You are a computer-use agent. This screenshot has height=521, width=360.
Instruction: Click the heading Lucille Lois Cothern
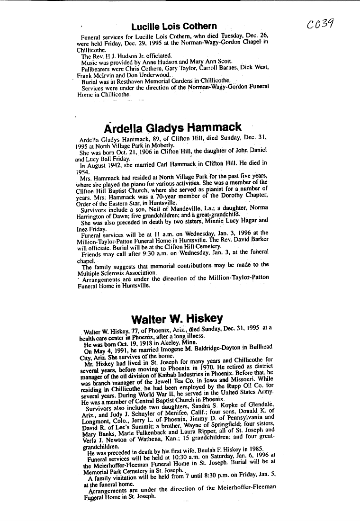(174, 27)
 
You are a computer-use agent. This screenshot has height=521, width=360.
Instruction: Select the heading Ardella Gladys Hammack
(172, 127)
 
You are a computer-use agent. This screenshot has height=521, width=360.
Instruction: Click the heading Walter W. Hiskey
(177, 318)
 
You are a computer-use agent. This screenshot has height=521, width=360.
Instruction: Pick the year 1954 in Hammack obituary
(83, 172)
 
